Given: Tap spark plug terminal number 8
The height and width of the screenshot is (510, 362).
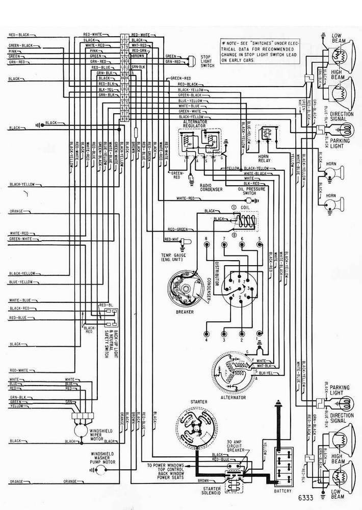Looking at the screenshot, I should point(205,244).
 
